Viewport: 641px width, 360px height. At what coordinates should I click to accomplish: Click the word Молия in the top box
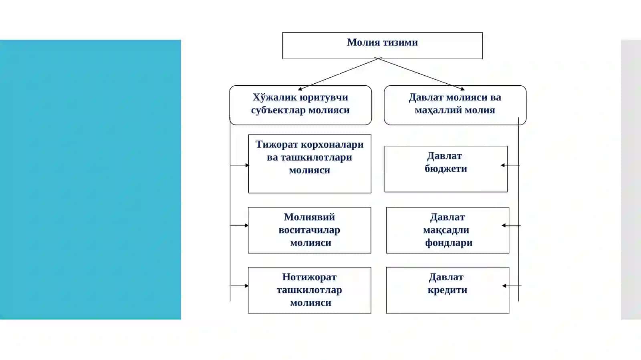[363, 42]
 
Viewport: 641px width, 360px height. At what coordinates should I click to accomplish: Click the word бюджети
[446, 169]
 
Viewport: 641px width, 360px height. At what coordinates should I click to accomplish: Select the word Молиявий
[309, 217]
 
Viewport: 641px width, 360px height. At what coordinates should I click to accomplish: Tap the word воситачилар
[309, 230]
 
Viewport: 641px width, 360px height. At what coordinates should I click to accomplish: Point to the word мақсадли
[446, 230]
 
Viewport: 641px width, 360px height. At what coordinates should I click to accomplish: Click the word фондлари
[448, 243]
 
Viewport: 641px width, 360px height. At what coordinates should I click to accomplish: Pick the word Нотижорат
[309, 277]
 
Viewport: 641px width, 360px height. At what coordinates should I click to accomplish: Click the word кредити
[447, 290]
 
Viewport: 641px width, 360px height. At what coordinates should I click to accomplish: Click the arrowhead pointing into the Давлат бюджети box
[502, 165]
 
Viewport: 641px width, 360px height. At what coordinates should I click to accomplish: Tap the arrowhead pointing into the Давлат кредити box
[504, 286]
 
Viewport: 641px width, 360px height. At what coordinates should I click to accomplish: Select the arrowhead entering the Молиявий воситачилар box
[246, 225]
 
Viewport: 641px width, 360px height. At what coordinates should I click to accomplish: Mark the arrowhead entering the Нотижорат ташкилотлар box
[246, 286]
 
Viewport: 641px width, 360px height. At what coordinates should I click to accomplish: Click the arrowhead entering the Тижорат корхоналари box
[247, 165]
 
